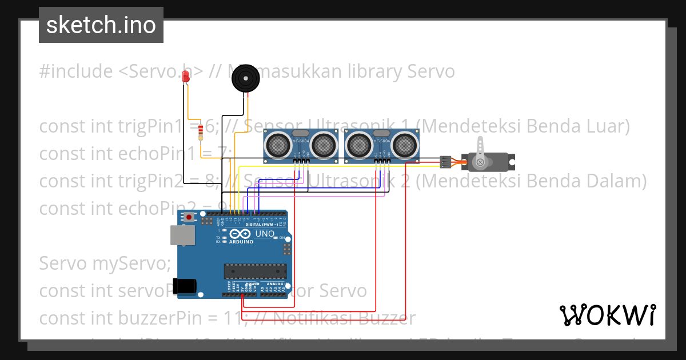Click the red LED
tap(185, 77)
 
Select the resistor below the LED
tap(200, 133)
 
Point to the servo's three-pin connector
tap(445, 162)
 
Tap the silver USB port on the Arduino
tap(182, 235)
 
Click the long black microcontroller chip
tap(255, 271)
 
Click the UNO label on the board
tap(265, 234)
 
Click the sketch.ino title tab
tap(101, 25)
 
